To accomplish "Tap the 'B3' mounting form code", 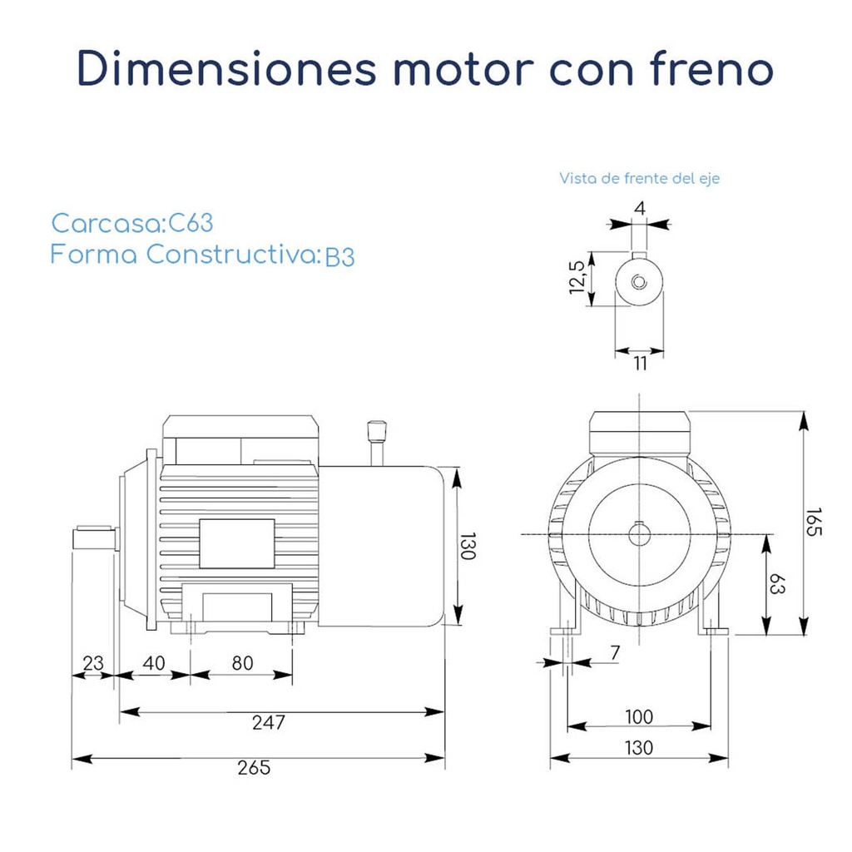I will [339, 256].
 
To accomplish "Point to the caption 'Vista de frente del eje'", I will [639, 178].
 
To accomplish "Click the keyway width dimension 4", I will [639, 207].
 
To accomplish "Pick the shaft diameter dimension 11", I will [639, 363].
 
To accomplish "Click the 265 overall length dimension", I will [254, 768].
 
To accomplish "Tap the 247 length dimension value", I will [269, 722].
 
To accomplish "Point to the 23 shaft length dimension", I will [93, 663].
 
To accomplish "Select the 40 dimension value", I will [154, 663].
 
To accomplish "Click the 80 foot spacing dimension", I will [242, 663].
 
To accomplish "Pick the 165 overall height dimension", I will [815, 522].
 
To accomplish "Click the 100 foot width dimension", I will [638, 716].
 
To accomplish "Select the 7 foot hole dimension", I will [615, 653].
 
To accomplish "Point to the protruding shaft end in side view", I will [92, 537].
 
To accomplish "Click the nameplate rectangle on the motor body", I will [236, 543].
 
